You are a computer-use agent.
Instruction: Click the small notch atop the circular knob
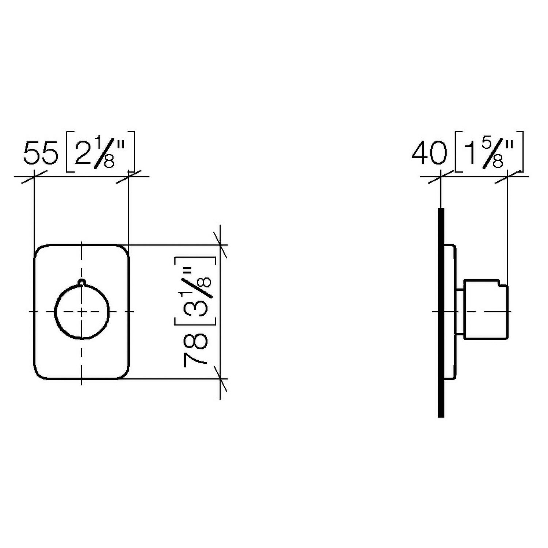82,282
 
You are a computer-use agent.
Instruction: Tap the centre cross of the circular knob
82,312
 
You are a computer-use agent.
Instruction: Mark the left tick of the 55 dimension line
34,177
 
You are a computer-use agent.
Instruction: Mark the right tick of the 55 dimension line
128,177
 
